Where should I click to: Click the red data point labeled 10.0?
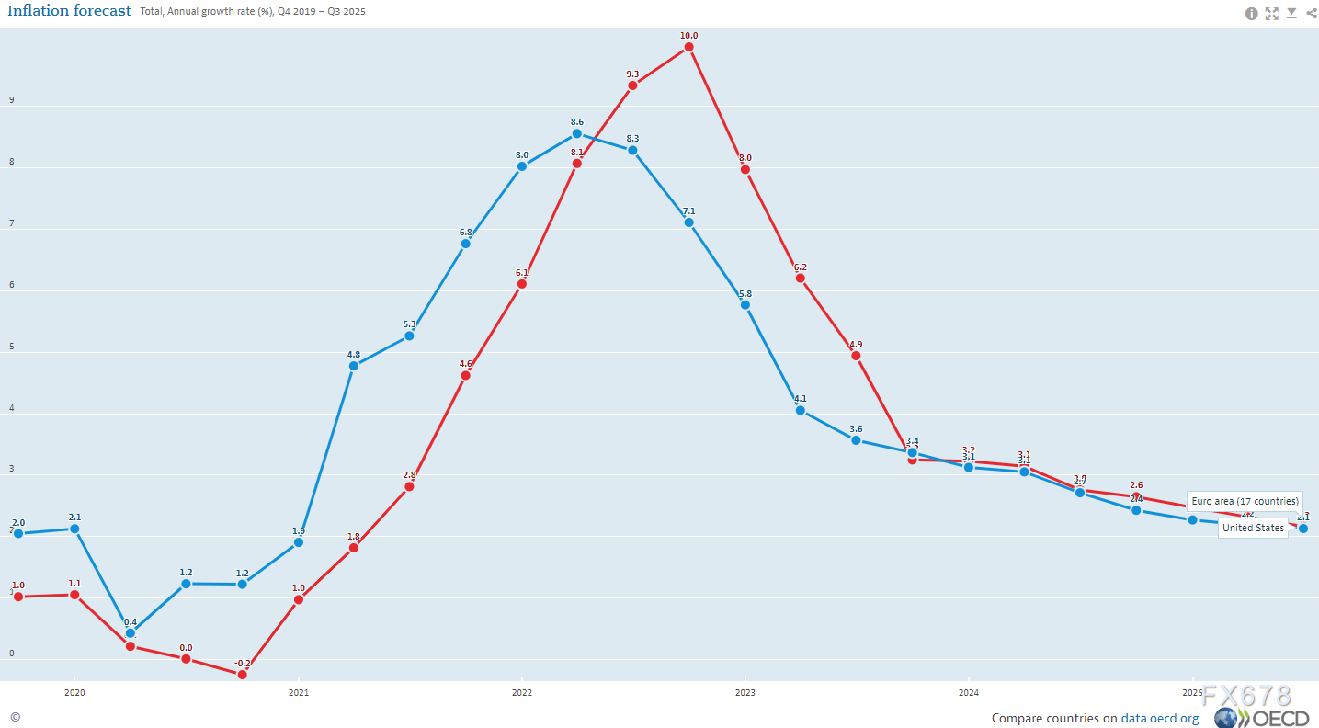(688, 47)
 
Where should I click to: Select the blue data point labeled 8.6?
(577, 133)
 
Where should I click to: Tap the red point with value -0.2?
(242, 675)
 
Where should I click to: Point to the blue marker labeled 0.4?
(131, 633)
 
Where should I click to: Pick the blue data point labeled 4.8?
(354, 366)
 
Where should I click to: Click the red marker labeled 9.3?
(632, 85)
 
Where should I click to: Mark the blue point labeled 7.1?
(688, 222)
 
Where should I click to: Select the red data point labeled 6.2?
(801, 279)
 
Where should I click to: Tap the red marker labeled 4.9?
(856, 356)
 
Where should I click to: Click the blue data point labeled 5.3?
(409, 336)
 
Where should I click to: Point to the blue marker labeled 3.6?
(856, 440)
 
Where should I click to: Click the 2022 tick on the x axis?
(521, 692)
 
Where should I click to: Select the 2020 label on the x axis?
(74, 692)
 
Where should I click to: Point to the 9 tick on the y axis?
(12, 100)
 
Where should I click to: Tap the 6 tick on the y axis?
(12, 285)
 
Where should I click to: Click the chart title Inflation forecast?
(70, 12)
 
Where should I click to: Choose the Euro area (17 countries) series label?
(1245, 502)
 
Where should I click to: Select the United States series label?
(1253, 529)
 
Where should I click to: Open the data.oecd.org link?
(1159, 719)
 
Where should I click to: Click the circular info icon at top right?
(1251, 14)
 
